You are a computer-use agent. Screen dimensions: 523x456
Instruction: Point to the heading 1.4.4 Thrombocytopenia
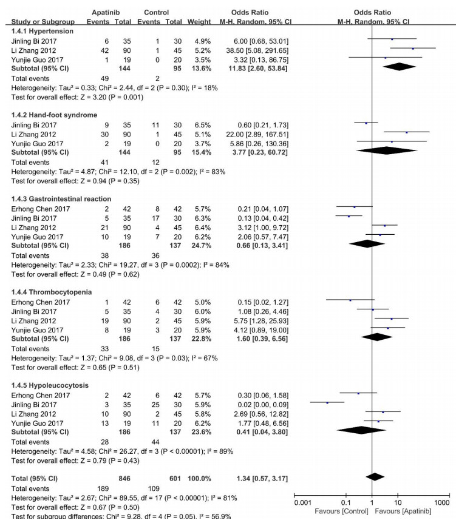[48, 292]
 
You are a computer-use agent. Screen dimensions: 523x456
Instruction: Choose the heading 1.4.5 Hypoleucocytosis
[47, 385]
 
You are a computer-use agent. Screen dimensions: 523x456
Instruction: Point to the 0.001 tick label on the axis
[301, 503]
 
